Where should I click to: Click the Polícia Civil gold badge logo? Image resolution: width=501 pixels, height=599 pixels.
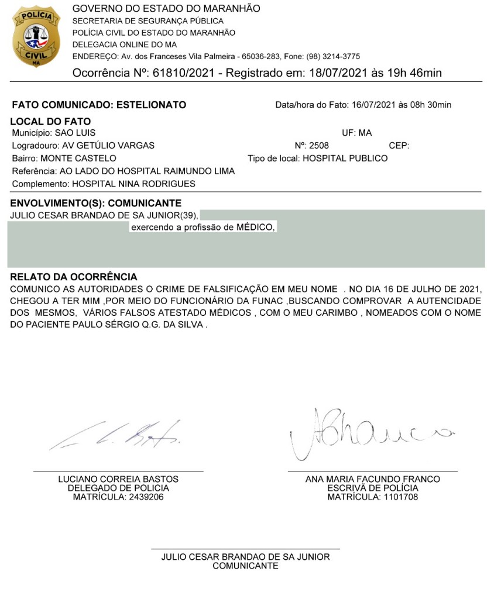[x=36, y=36]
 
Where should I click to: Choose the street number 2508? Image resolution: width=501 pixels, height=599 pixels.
[x=319, y=146]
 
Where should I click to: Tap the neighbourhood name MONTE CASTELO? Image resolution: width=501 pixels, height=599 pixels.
[x=78, y=159]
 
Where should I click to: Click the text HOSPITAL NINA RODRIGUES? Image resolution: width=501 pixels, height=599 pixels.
[x=133, y=184]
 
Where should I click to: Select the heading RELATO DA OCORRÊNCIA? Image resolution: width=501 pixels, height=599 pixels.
[x=74, y=277]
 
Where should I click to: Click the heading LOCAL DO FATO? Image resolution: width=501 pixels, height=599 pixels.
[x=51, y=122]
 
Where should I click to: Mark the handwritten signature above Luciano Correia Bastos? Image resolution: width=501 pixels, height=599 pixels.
[x=117, y=436]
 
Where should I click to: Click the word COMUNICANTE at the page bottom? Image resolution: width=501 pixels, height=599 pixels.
[x=245, y=566]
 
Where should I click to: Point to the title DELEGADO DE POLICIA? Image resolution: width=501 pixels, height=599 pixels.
[x=118, y=488]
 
